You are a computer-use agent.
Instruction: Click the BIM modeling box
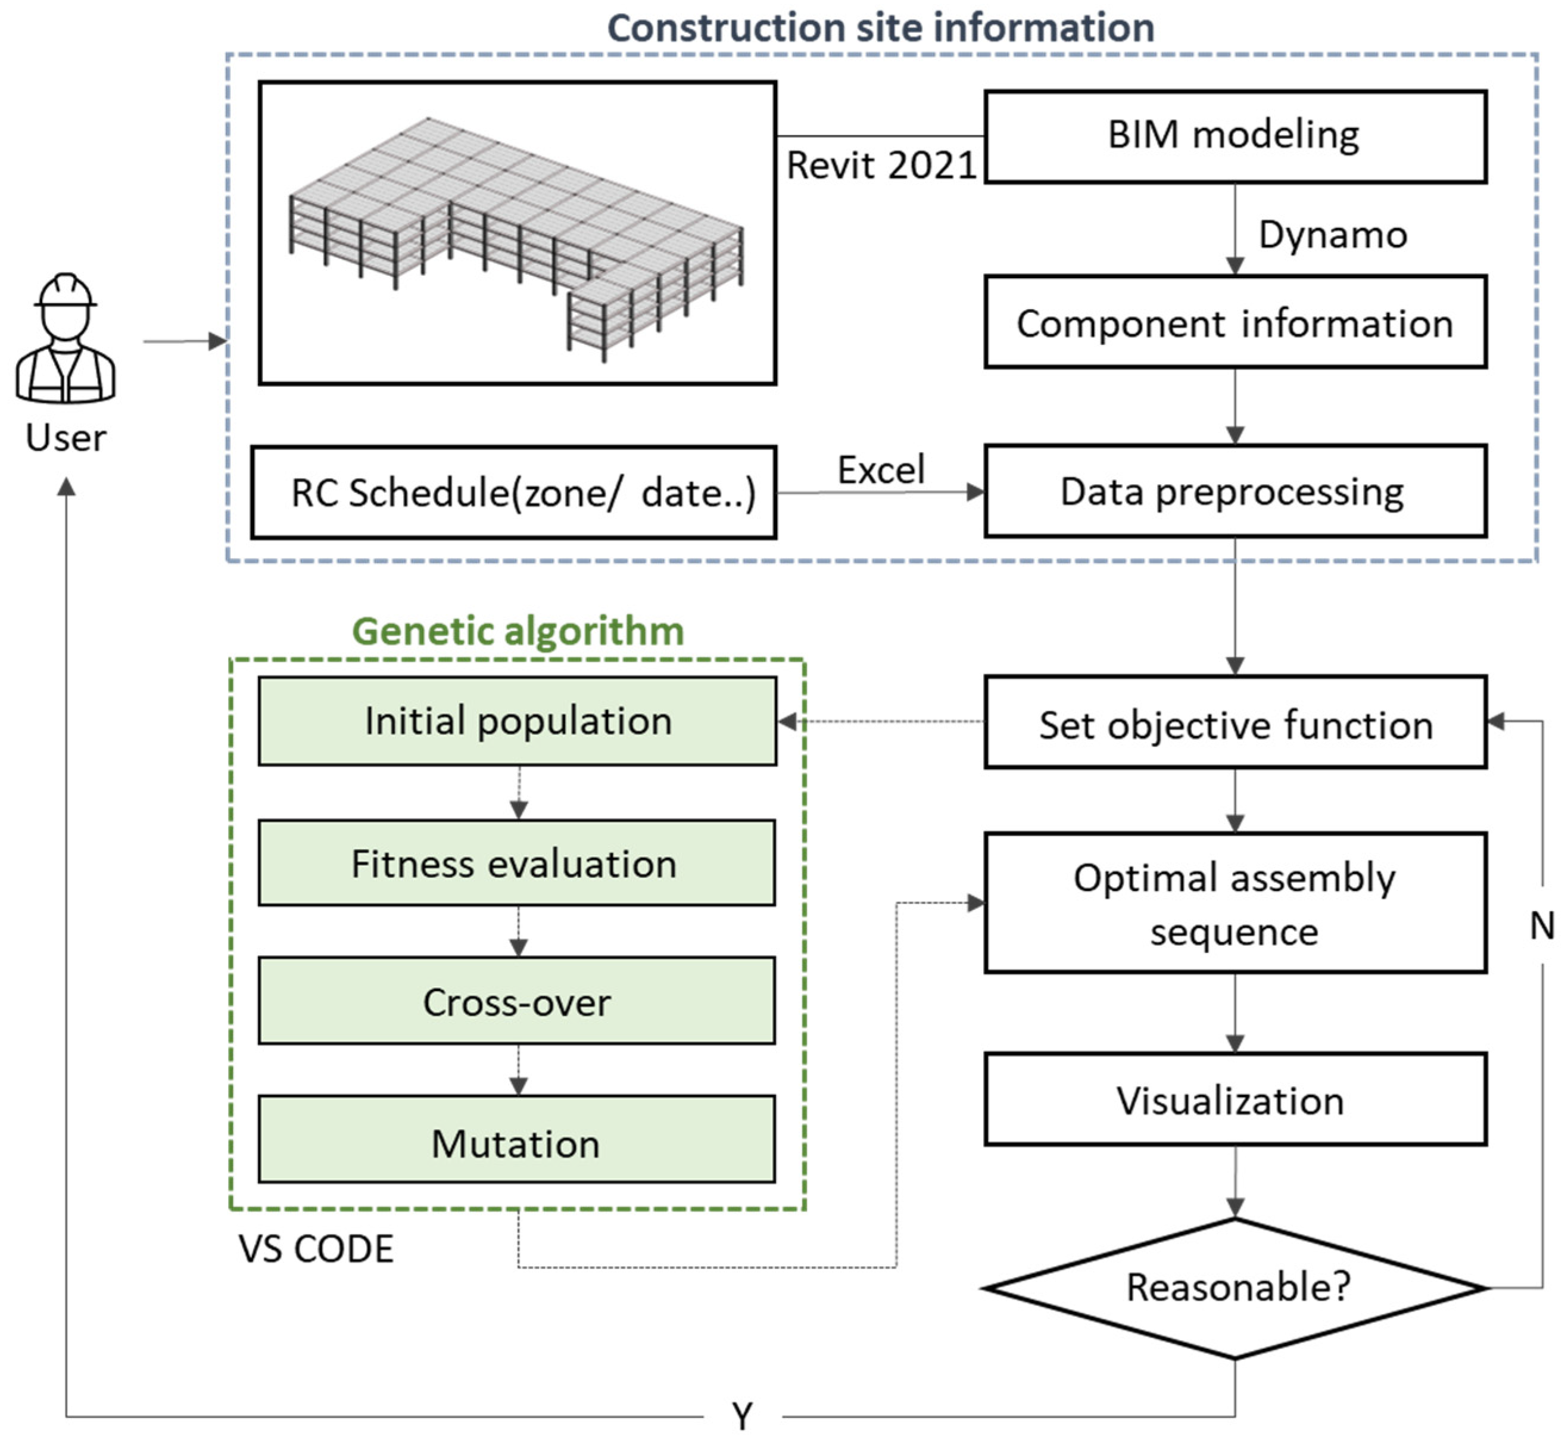(x=1235, y=136)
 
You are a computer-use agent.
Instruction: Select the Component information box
(x=1235, y=322)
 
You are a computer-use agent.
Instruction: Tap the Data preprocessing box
(x=1235, y=491)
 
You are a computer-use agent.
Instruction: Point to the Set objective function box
(x=1235, y=723)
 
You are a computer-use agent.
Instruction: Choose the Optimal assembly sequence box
(x=1235, y=903)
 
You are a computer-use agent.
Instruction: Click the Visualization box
(x=1235, y=1099)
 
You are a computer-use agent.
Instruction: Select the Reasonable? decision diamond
(x=1235, y=1288)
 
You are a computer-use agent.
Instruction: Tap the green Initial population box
(x=518, y=721)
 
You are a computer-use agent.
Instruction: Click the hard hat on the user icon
(x=66, y=290)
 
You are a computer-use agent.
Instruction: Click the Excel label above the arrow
(x=881, y=470)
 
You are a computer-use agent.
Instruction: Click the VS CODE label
(x=316, y=1249)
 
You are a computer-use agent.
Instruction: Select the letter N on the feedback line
(x=1541, y=926)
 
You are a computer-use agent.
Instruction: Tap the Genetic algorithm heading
(x=518, y=631)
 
